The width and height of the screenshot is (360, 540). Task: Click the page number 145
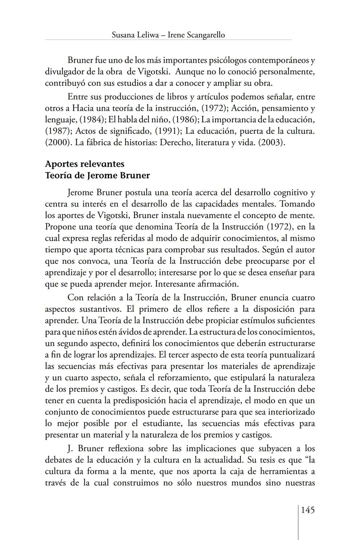[308, 510]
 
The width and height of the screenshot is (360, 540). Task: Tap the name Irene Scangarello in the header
[196, 35]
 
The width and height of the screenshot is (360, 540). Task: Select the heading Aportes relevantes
[85, 164]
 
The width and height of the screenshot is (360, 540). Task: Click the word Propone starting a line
[60, 227]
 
